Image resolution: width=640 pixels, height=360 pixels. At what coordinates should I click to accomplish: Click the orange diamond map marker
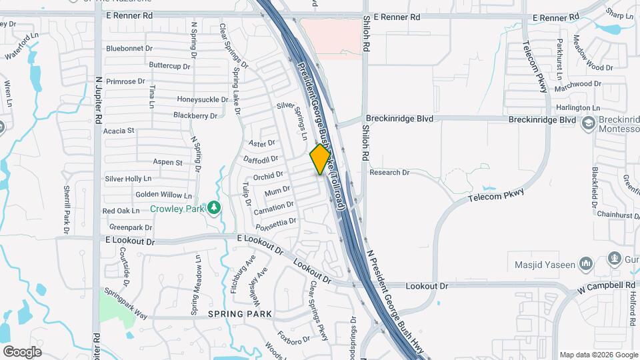320,159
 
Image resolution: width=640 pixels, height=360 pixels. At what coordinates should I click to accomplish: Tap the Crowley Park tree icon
213,208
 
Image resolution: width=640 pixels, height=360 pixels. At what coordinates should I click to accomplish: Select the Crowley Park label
177,209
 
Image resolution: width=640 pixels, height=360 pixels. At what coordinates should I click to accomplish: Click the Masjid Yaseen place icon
586,264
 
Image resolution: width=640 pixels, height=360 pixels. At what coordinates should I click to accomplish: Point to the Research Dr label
389,173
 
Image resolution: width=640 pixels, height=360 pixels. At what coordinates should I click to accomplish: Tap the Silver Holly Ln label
128,179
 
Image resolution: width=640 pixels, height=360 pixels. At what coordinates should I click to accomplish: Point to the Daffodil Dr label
261,159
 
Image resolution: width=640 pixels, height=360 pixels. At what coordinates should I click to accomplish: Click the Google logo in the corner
22,351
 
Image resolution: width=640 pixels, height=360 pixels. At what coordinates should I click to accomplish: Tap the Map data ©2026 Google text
598,354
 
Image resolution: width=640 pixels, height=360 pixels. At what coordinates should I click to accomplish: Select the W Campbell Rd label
607,285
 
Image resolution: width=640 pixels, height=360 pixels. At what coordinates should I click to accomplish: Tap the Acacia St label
119,131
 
